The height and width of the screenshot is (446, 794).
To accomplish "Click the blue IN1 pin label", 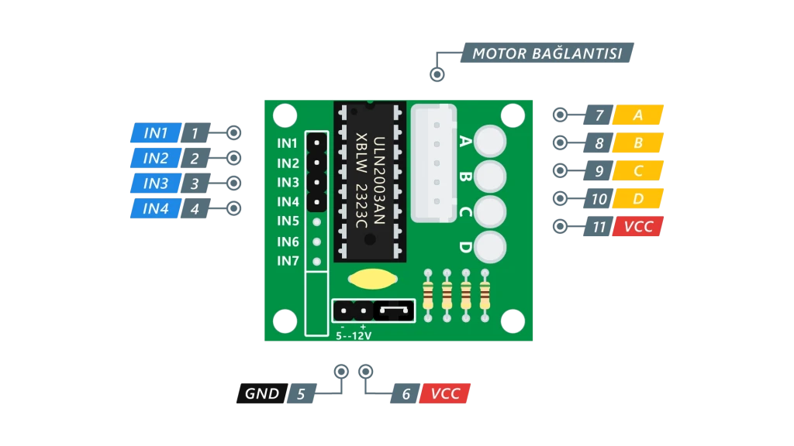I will (x=156, y=133).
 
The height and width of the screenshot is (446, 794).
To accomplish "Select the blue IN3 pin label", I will (x=156, y=184).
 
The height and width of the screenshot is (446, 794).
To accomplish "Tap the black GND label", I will (x=261, y=393).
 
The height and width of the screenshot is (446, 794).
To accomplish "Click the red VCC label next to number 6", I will (x=445, y=393).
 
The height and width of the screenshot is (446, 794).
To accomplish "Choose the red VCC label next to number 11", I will (x=638, y=227).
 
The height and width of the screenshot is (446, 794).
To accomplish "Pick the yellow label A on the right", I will (x=638, y=115).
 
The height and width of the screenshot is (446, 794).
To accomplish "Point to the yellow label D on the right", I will (x=638, y=199).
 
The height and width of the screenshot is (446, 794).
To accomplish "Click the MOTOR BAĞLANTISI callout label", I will (x=547, y=53).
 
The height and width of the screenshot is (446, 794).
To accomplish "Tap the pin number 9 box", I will (x=599, y=171).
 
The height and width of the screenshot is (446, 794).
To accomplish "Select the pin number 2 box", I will (x=195, y=159).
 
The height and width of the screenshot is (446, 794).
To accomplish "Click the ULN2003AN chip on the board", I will (x=370, y=182).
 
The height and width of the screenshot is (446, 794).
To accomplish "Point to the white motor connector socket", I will (x=434, y=163).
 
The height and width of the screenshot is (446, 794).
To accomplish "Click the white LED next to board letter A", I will (x=489, y=140).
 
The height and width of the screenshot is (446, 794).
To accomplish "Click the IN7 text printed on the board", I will (x=288, y=261).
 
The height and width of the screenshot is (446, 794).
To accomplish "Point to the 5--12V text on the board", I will (x=354, y=336).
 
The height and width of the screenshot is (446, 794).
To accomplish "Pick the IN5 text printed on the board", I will (x=288, y=221).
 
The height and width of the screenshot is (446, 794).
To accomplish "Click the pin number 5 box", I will (x=301, y=394).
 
